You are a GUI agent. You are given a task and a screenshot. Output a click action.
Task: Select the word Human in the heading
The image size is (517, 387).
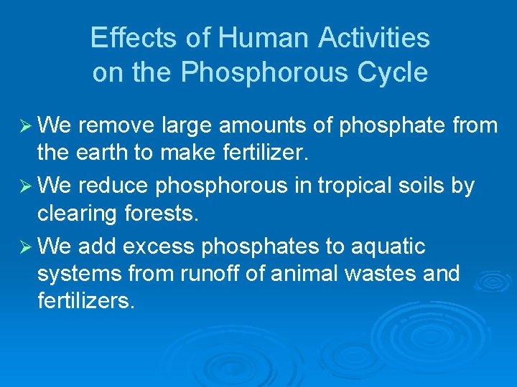251,37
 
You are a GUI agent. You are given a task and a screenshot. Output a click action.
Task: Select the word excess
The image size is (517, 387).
159,247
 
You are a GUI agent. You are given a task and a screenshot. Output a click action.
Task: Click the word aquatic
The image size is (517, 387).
387,247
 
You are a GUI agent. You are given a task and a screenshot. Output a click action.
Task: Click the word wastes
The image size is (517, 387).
377,274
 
